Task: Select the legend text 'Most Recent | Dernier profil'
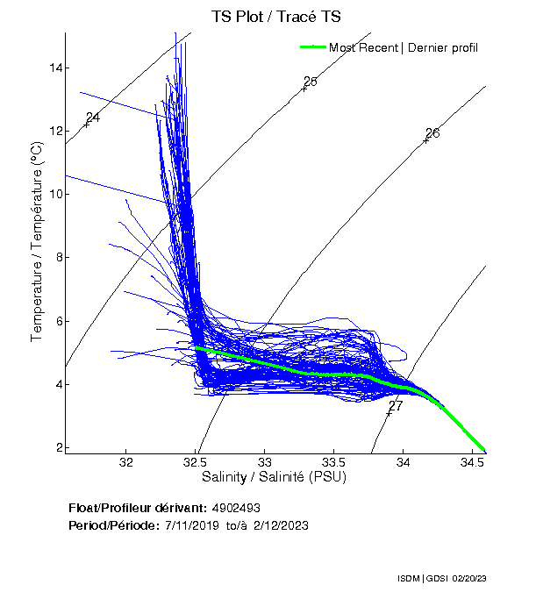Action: pos(404,47)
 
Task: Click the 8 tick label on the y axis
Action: pos(57,257)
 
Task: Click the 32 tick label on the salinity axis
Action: pos(126,461)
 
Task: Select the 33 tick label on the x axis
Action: pos(265,461)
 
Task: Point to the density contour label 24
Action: pos(93,118)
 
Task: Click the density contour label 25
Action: pos(311,82)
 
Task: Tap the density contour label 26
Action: pos(432,133)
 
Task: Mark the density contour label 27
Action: pos(396,406)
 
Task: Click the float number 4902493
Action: pos(236,508)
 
